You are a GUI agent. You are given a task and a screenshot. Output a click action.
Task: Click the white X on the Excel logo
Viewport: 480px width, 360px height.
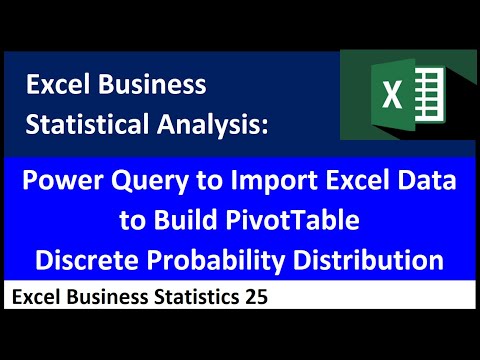394,98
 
